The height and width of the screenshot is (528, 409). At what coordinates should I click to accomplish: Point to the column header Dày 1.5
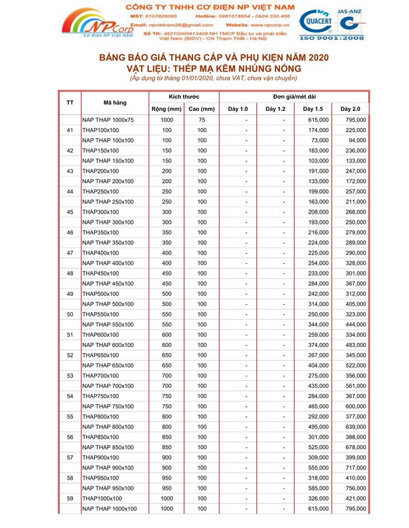312,109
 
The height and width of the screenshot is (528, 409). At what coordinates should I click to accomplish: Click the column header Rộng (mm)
166,109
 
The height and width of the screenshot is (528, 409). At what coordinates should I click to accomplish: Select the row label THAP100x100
100,130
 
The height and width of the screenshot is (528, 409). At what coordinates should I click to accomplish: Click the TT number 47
70,252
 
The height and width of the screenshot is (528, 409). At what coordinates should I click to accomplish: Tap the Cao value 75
202,120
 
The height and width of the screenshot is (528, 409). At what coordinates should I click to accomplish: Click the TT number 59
70,498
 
